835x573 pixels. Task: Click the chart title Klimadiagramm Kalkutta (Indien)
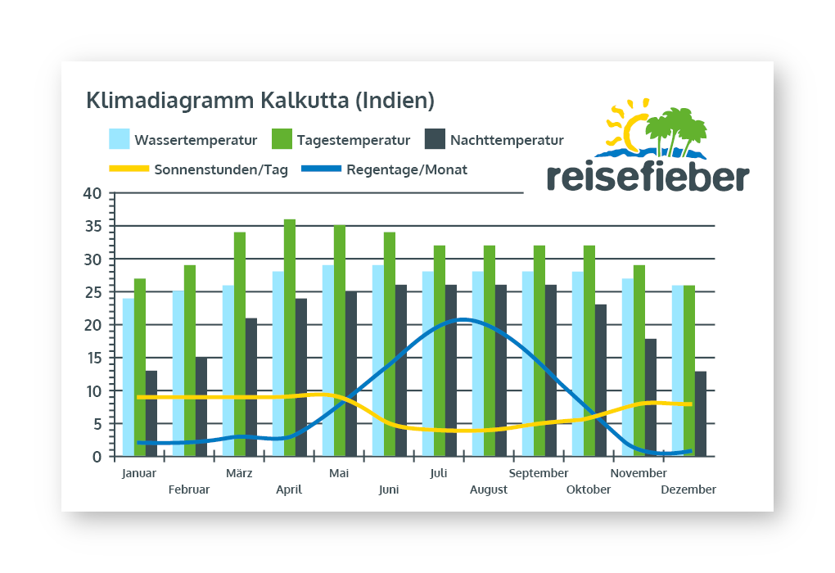[x=260, y=102]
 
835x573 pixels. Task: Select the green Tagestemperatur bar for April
[x=290, y=337]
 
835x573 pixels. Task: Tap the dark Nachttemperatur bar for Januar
[x=151, y=413]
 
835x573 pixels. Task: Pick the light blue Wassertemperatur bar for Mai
[x=328, y=360]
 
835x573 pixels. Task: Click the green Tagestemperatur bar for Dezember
[x=689, y=370]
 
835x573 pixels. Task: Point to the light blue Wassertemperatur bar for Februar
[x=178, y=373]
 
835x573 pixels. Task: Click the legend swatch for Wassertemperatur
[x=120, y=139]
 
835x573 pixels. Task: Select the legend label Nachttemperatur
[x=507, y=140]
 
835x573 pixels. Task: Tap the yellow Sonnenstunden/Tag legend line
[x=129, y=169]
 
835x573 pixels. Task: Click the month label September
[x=539, y=473]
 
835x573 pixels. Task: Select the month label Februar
[x=189, y=490]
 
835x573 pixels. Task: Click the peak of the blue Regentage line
[x=463, y=319]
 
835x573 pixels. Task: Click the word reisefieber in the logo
[x=647, y=176]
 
